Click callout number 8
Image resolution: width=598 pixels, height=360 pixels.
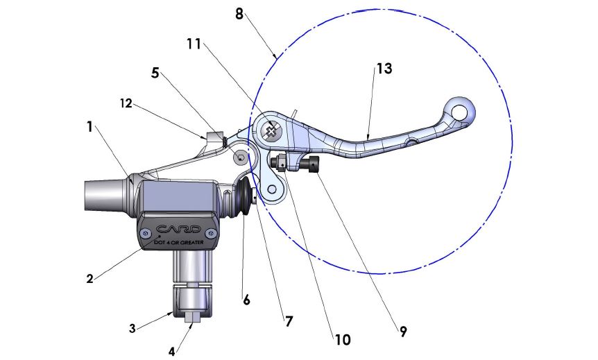coord(239,12)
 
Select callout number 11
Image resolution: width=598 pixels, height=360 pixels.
coord(194,44)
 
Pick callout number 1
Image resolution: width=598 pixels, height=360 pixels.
coord(89,127)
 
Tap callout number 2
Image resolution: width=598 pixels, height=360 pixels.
coord(89,279)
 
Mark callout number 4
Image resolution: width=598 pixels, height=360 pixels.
coord(172,350)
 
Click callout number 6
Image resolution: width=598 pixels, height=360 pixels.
coord(246,300)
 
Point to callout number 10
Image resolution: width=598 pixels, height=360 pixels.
coord(342,339)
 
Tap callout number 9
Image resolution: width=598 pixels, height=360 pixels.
coord(403,332)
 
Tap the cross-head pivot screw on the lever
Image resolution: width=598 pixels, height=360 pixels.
coord(271,128)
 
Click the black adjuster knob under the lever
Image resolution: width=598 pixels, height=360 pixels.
coord(310,165)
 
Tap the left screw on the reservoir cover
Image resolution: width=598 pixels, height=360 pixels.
coord(143,235)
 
